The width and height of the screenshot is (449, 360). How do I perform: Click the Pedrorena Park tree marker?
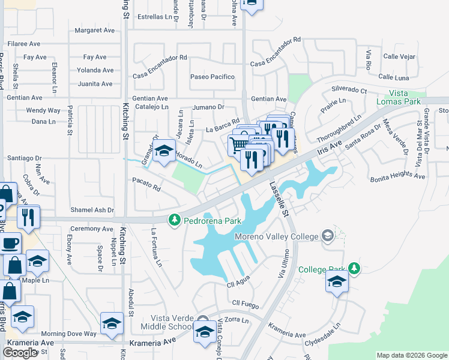(x=175, y=220)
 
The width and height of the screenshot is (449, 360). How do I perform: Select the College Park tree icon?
(x=355, y=268)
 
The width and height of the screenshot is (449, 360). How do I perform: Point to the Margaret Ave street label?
(x=94, y=30)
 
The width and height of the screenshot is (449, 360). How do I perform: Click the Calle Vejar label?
(x=399, y=57)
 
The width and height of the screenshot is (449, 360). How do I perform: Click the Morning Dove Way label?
(x=68, y=334)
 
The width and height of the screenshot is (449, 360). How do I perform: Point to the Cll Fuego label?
(x=244, y=304)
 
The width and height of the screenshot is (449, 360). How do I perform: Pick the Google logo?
(x=20, y=353)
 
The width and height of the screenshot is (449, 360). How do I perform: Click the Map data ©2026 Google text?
(x=411, y=355)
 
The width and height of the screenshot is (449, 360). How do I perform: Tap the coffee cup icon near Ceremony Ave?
(x=9, y=244)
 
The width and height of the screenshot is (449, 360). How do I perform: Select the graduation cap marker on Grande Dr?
(x=163, y=152)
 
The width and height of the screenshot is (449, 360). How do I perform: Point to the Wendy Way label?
(x=43, y=110)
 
